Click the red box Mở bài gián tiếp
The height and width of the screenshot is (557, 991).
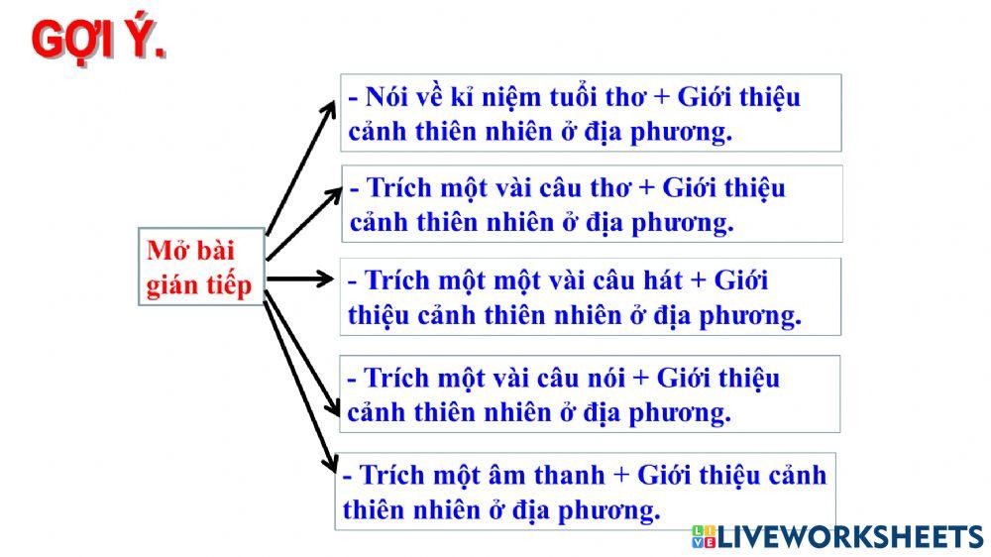tap(200, 267)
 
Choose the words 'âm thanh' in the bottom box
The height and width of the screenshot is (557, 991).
tap(554, 475)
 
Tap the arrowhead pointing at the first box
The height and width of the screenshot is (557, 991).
tap(330, 107)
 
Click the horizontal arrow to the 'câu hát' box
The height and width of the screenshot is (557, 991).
tap(302, 279)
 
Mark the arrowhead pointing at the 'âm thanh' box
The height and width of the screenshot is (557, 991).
tap(331, 463)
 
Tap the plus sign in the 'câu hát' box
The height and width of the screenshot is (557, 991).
tap(696, 281)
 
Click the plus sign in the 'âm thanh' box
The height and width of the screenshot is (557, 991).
tap(621, 475)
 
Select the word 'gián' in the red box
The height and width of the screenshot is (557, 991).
tap(171, 285)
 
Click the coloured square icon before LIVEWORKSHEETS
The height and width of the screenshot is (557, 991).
tap(704, 537)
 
